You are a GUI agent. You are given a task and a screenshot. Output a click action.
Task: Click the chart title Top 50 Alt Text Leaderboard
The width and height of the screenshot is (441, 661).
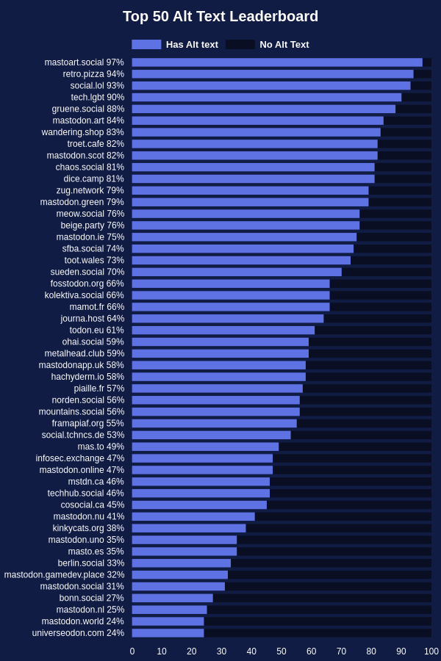(x=220, y=16)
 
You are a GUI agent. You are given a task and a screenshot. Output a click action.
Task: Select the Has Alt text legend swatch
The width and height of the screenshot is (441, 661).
(x=146, y=45)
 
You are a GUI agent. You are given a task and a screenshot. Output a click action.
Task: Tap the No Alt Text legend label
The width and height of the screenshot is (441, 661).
(x=284, y=45)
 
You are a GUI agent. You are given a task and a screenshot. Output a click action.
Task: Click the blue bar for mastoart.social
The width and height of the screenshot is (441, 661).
(x=277, y=62)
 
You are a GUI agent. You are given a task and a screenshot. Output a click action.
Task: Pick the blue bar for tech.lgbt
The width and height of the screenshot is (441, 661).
(x=267, y=98)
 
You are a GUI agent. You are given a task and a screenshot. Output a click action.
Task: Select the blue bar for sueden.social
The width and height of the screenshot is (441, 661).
(x=237, y=272)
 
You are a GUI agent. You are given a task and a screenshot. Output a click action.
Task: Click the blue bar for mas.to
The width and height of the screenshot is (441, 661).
(x=206, y=447)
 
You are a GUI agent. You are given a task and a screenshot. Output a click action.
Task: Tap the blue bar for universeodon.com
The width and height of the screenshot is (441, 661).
(x=168, y=633)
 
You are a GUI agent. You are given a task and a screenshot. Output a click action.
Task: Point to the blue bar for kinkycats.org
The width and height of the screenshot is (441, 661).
(x=189, y=528)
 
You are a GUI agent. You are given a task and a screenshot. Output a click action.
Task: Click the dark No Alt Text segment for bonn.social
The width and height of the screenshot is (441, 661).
(x=322, y=598)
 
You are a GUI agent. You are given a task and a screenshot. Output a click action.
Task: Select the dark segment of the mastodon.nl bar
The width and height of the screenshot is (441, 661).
(x=319, y=610)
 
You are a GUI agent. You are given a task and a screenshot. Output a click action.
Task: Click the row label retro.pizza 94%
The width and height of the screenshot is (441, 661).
(x=93, y=74)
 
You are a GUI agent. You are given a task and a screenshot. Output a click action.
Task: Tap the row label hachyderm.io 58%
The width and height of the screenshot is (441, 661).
(x=87, y=377)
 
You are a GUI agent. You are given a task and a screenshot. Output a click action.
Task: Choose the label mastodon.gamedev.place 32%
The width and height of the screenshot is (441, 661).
(x=64, y=575)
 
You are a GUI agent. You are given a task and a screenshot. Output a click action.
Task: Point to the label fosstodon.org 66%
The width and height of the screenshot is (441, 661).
(x=87, y=283)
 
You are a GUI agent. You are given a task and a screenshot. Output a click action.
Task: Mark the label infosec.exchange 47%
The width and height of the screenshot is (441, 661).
(x=80, y=458)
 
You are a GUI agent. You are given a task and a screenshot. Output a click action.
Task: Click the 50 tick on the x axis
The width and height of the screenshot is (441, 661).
(x=282, y=651)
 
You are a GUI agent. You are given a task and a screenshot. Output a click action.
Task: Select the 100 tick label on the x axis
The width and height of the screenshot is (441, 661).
(x=431, y=651)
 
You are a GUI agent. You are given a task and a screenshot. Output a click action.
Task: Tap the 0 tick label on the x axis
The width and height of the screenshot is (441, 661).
(x=132, y=651)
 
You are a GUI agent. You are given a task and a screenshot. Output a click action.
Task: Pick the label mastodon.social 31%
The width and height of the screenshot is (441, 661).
(x=82, y=586)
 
